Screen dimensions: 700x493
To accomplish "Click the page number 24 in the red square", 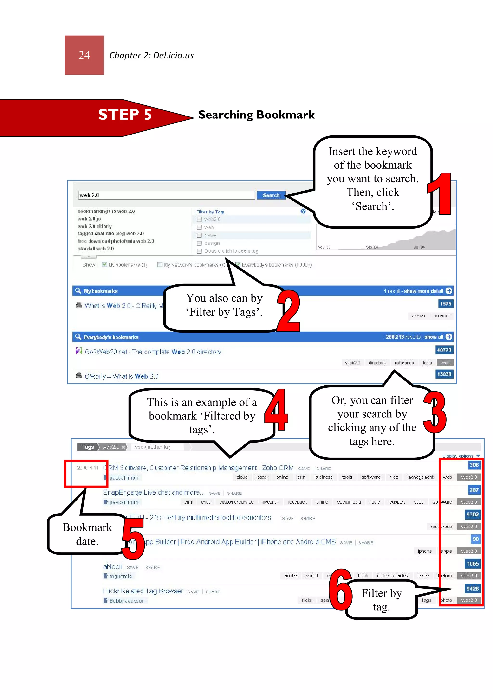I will pyautogui.click(x=84, y=55).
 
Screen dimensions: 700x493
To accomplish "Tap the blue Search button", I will pyautogui.click(x=271, y=195).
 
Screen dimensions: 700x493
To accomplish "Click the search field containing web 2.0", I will pyautogui.click(x=166, y=195).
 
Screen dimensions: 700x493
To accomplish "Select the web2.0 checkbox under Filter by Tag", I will pyautogui.click(x=200, y=219).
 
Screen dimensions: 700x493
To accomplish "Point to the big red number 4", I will pyautogui.click(x=276, y=410).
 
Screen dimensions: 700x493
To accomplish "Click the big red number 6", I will pyautogui.click(x=340, y=590).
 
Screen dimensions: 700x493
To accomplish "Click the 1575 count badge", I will pyautogui.click(x=445, y=304).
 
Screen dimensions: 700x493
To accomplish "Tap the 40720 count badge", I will pyautogui.click(x=444, y=350).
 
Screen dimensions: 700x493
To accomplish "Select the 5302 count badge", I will pyautogui.click(x=472, y=514).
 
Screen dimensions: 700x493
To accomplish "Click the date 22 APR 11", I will pyautogui.click(x=88, y=468).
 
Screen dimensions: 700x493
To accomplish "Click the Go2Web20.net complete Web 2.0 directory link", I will pyautogui.click(x=153, y=352).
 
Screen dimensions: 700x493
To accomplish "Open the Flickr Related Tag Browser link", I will pyautogui.click(x=143, y=591).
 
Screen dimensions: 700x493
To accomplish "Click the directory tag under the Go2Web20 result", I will pyautogui.click(x=377, y=363).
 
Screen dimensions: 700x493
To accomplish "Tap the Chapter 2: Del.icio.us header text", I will pyautogui.click(x=151, y=56).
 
